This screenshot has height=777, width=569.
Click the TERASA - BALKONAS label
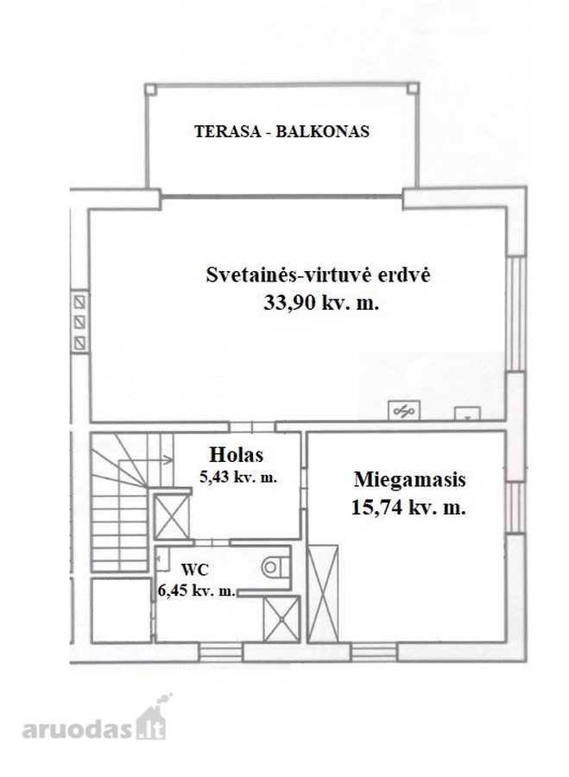coord(281,131)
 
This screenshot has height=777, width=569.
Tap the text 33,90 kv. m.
coord(321,302)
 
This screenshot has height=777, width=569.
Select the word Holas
coord(236,454)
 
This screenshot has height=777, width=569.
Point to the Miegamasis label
coord(409,480)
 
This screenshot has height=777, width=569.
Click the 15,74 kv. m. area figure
coord(408,508)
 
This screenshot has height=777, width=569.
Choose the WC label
coord(195,570)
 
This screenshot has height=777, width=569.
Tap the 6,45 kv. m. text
coord(197,591)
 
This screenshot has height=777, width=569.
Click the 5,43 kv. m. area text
coord(238,478)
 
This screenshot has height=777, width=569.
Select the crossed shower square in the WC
coord(281,619)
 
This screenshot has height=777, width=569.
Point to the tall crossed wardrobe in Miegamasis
coord(323,593)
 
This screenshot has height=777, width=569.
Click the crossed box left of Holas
coord(172,517)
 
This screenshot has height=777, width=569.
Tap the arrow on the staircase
coord(163,460)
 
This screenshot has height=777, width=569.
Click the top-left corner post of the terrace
coord(151,90)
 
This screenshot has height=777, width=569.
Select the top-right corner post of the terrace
coord(413,89)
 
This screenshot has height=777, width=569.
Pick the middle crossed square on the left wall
coord(79,322)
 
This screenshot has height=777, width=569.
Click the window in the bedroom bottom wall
coord(374,652)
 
